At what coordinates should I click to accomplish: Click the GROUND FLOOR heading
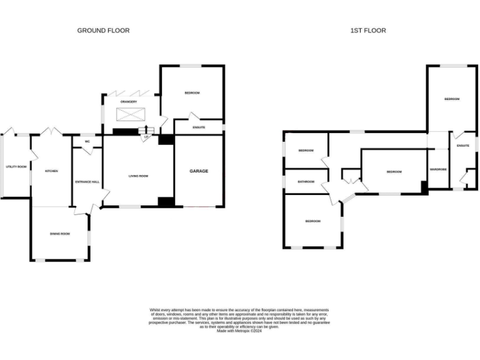click(x=103, y=30)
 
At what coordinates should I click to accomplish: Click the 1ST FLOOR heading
click(x=369, y=30)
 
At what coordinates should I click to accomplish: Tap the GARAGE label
click(x=199, y=171)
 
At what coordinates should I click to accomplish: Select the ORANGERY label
click(x=129, y=102)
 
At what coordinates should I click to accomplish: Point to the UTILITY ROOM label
click(x=16, y=167)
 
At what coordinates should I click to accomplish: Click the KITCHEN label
click(x=51, y=171)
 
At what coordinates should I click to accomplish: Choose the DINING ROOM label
click(x=60, y=234)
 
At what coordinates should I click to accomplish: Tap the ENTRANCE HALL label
click(x=87, y=181)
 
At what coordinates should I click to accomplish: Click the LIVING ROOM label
click(x=138, y=176)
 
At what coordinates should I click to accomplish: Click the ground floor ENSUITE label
click(x=199, y=127)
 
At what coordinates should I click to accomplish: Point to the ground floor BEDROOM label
click(x=192, y=93)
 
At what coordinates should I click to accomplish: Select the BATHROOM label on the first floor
click(x=306, y=182)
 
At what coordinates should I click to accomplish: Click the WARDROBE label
click(x=437, y=169)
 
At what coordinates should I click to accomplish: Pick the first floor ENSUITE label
click(x=462, y=146)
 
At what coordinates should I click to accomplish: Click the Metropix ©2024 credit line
click(x=239, y=331)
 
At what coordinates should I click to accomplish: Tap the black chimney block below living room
click(x=166, y=202)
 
